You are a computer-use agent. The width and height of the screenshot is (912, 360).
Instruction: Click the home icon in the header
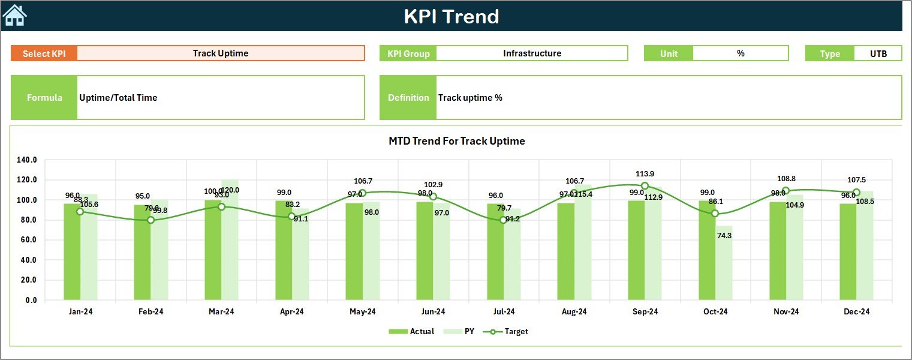tap(15, 16)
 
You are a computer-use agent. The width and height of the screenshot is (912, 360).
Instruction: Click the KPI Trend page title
tap(451, 16)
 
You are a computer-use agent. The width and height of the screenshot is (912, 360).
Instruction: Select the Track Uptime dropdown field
tap(221, 53)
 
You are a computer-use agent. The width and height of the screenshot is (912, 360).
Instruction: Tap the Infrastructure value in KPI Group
tap(532, 53)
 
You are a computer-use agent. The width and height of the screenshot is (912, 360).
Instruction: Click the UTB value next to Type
tap(878, 53)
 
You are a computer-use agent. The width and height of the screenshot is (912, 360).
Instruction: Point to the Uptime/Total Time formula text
tap(118, 98)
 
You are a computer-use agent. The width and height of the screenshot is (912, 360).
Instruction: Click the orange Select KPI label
tap(44, 53)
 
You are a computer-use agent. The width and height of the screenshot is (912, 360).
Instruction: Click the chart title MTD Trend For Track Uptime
tap(456, 141)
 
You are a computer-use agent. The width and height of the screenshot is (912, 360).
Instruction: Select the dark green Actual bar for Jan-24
tap(72, 252)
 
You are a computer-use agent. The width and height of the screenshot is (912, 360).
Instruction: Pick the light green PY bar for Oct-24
tap(724, 264)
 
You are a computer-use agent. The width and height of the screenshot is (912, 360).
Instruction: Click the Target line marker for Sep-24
tap(645, 186)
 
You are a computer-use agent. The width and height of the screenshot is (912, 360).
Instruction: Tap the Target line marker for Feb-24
tap(151, 220)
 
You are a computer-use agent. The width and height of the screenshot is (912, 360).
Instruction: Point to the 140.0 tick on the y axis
tap(27, 160)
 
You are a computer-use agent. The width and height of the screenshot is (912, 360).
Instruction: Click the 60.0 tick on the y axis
tap(27, 240)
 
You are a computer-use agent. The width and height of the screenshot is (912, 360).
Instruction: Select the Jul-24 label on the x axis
tap(504, 311)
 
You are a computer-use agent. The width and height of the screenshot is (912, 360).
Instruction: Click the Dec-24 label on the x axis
tap(856, 311)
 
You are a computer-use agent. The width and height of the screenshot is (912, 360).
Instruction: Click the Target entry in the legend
tap(508, 331)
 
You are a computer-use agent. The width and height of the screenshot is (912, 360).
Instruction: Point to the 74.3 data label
tap(724, 236)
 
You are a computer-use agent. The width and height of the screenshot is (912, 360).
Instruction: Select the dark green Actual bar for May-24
tap(354, 252)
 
